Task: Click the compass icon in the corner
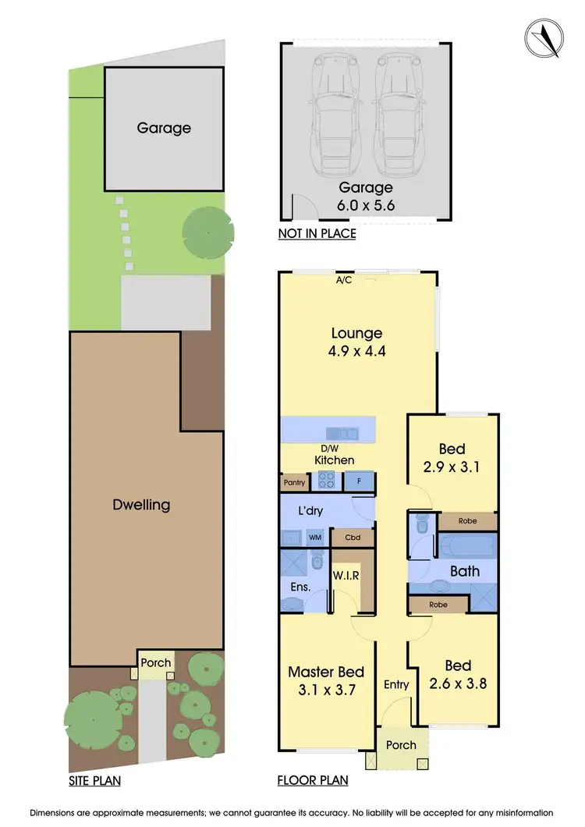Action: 544,37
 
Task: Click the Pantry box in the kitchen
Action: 294,483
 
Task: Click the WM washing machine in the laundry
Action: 316,538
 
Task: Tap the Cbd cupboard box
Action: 353,538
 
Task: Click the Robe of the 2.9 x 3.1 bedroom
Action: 466,520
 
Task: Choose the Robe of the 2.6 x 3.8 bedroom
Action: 437,603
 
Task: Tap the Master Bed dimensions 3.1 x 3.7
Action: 326,690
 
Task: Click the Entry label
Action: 396,684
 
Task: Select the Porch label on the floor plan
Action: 402,745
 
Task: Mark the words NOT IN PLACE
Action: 317,233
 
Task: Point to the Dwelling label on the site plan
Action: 141,505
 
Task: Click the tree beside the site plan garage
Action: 207,232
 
